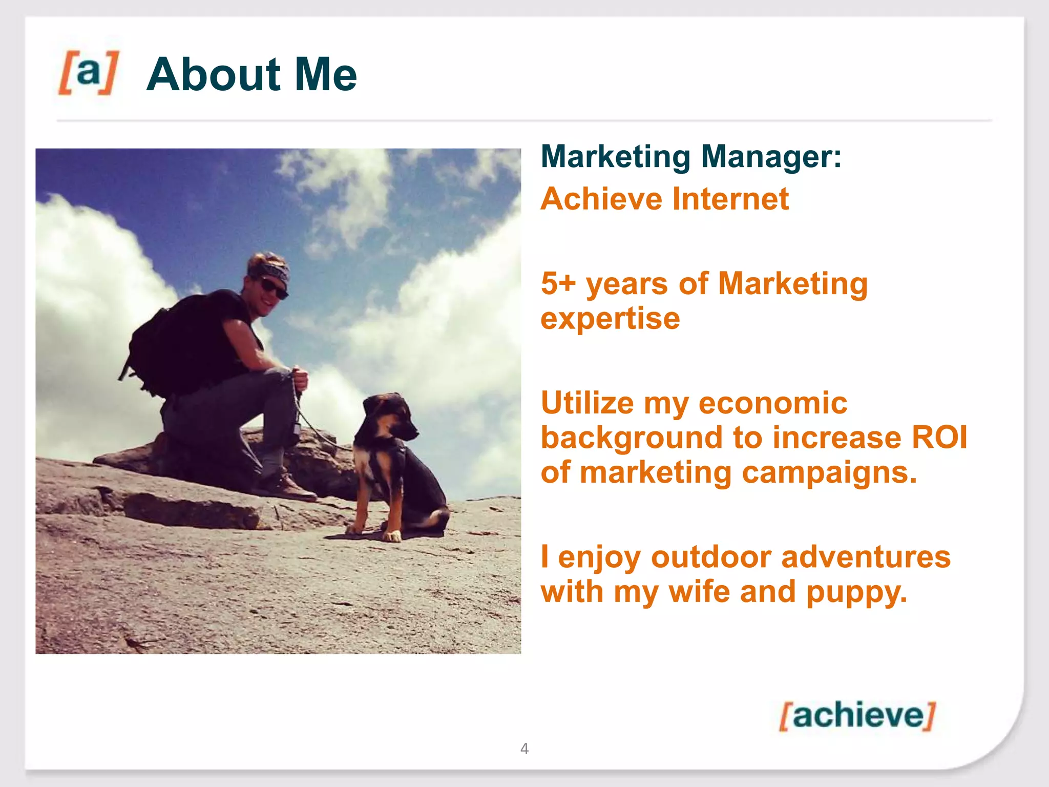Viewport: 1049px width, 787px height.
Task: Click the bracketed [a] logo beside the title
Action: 89,73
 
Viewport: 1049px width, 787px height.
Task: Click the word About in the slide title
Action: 213,75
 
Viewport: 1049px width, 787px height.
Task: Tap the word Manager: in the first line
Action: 771,156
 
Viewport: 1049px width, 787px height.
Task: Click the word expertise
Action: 610,319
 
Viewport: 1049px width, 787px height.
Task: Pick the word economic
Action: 773,403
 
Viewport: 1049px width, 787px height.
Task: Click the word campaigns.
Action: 829,472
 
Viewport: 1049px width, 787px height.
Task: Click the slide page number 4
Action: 524,749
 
